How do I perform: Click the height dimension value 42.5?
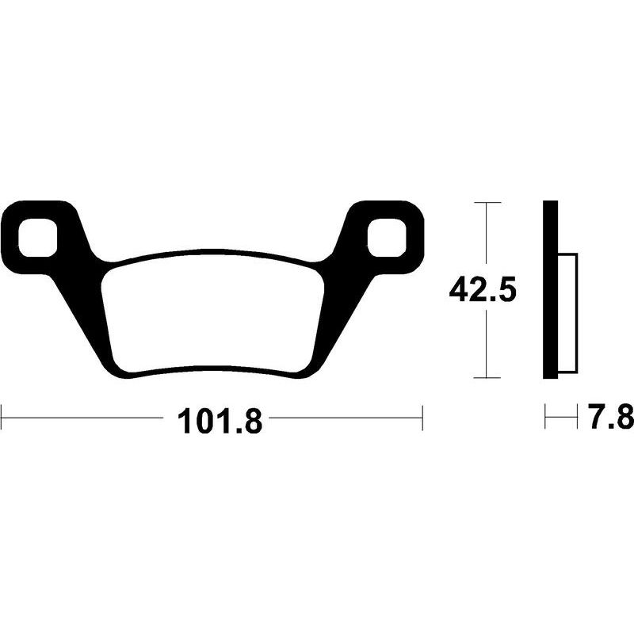click(x=483, y=291)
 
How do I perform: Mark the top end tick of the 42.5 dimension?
click(x=487, y=203)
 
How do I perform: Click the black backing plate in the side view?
click(x=551, y=290)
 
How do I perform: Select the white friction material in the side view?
click(x=568, y=313)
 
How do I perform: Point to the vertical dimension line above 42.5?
click(x=487, y=238)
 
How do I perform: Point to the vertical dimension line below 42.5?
click(x=487, y=345)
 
